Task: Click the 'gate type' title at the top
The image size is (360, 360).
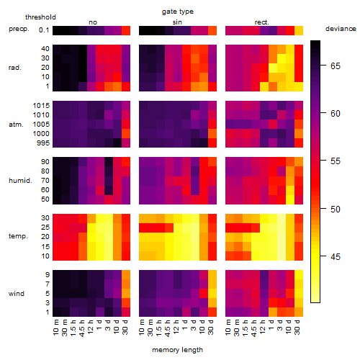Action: click(x=178, y=12)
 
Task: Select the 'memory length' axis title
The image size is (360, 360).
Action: click(x=177, y=350)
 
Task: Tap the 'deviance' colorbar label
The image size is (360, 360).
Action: click(x=341, y=29)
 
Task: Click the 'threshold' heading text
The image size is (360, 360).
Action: click(x=40, y=17)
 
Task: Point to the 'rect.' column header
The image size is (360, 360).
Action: click(x=262, y=22)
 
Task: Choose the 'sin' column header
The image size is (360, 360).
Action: click(x=177, y=22)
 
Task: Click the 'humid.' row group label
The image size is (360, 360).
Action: click(x=20, y=181)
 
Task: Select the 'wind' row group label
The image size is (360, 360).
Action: click(x=17, y=294)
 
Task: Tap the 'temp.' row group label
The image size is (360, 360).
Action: click(x=18, y=236)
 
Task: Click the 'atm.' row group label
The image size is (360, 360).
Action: click(x=16, y=125)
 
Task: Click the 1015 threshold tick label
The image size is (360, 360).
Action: click(x=41, y=106)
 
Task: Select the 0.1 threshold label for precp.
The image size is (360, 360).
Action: click(x=44, y=30)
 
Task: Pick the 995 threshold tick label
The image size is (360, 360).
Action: click(x=43, y=143)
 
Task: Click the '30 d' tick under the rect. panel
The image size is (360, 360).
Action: click(x=297, y=328)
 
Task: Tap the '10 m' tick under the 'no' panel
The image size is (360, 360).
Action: click(x=55, y=328)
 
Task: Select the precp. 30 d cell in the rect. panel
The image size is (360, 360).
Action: click(x=299, y=30)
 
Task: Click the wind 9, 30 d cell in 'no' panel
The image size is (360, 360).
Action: click(x=126, y=275)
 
